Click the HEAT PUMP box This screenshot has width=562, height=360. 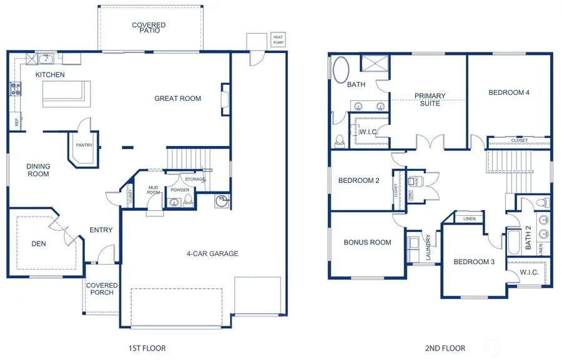[278, 40]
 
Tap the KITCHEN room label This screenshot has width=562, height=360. [50, 75]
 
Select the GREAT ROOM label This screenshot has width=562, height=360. [178, 99]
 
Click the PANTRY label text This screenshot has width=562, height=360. [84, 145]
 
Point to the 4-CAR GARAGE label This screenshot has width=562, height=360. [212, 254]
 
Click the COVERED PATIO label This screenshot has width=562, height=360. [149, 29]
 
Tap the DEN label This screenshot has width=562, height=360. [38, 245]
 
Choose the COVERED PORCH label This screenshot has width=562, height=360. [102, 289]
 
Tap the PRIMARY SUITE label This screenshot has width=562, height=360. [430, 100]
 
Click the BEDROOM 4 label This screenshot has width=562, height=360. [509, 93]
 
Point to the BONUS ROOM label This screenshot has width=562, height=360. [367, 243]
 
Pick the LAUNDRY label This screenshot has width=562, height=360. [428, 247]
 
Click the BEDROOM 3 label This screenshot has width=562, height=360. [474, 262]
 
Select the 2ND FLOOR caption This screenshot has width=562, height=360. [446, 348]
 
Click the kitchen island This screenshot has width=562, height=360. [63, 92]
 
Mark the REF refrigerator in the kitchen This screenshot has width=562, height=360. [16, 122]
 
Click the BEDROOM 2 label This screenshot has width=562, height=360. [358, 181]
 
